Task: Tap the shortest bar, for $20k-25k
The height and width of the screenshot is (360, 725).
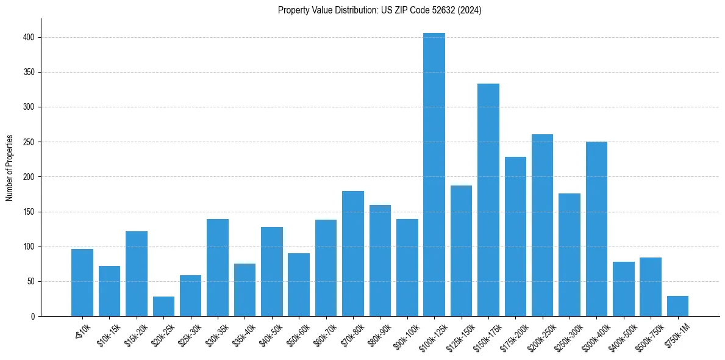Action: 163,306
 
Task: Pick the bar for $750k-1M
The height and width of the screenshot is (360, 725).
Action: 677,306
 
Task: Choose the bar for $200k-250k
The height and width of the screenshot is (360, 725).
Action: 542,225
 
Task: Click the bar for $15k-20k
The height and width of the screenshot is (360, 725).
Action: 137,274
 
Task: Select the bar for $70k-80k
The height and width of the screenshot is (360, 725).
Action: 353,254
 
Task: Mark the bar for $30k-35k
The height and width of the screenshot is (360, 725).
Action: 218,268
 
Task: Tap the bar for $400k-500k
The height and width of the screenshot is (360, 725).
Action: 624,289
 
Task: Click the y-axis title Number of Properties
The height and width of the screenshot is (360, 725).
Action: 10,168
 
